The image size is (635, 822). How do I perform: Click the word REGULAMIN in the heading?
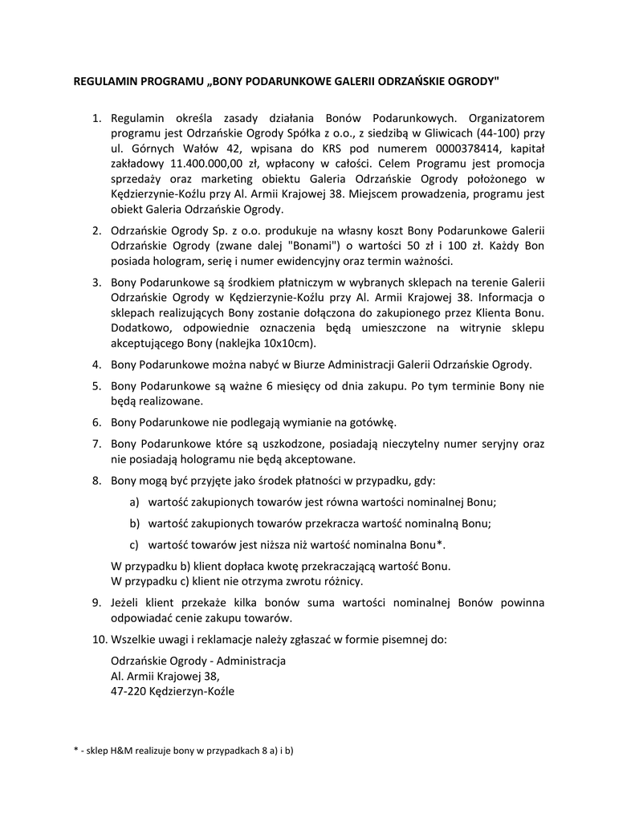(103, 82)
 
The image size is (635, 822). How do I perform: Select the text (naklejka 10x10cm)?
(262, 344)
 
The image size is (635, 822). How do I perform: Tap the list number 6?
(96, 421)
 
